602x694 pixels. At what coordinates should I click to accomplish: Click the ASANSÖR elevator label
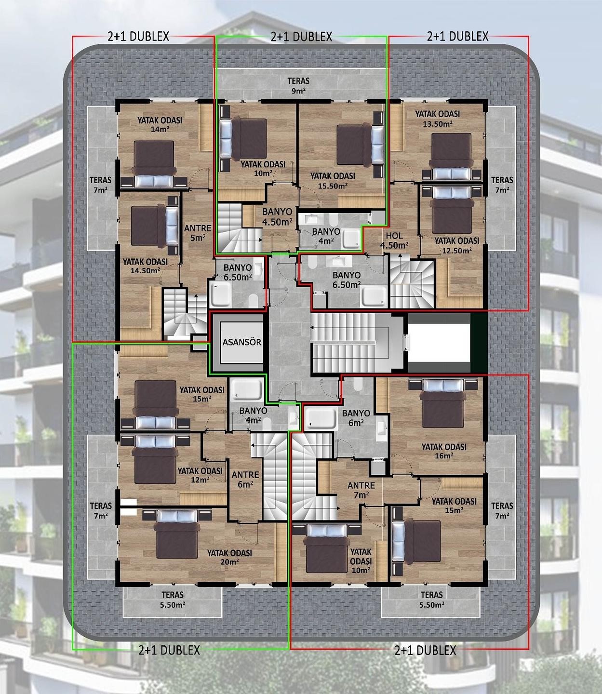tap(242, 342)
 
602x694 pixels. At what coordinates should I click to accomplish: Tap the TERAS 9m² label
tap(298, 86)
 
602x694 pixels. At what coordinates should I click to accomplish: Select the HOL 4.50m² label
tap(394, 240)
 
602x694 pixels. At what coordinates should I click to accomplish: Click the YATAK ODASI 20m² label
tap(229, 557)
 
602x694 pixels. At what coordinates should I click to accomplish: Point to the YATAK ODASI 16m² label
tap(444, 451)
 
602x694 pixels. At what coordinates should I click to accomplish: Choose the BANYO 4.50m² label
tap(277, 217)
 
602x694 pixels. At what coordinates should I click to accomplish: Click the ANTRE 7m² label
tap(361, 490)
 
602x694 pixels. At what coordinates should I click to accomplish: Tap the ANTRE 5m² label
tap(198, 233)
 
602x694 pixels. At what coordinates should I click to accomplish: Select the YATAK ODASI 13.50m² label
tap(438, 119)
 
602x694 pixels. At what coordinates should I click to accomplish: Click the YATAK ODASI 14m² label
tap(160, 124)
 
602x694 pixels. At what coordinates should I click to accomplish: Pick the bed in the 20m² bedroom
tap(177, 534)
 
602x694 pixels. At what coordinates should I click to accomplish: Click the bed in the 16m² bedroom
tap(442, 403)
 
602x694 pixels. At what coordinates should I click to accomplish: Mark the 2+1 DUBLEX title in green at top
tap(302, 37)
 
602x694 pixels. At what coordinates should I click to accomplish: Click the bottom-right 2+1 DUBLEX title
tap(425, 650)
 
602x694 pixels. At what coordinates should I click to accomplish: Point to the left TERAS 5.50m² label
tap(173, 600)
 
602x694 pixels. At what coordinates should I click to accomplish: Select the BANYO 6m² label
tap(356, 417)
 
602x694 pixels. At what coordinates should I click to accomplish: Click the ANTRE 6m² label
tap(245, 479)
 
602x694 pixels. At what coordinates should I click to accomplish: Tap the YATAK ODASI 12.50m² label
tap(457, 246)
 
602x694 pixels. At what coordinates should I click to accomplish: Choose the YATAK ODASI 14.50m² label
tap(145, 266)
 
